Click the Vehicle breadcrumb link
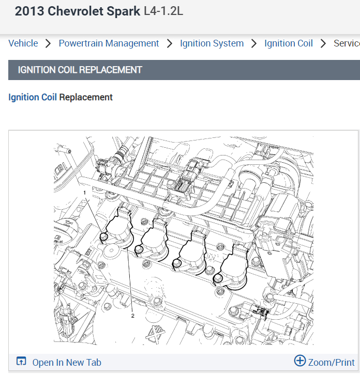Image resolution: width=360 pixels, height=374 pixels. click(x=23, y=43)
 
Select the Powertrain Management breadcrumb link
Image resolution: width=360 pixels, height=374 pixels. click(x=109, y=43)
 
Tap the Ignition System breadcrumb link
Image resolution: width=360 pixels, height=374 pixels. click(x=212, y=43)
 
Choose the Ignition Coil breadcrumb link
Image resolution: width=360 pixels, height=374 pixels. click(x=289, y=43)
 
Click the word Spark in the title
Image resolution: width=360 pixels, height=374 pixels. click(x=123, y=11)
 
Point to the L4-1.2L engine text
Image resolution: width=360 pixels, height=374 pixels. click(x=163, y=11)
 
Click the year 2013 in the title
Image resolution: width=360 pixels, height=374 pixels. click(x=29, y=11)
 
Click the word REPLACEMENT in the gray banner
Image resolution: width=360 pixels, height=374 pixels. click(x=111, y=70)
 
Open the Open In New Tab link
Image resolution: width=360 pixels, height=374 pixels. click(x=67, y=363)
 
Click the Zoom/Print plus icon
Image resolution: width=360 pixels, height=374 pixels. click(x=300, y=361)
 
